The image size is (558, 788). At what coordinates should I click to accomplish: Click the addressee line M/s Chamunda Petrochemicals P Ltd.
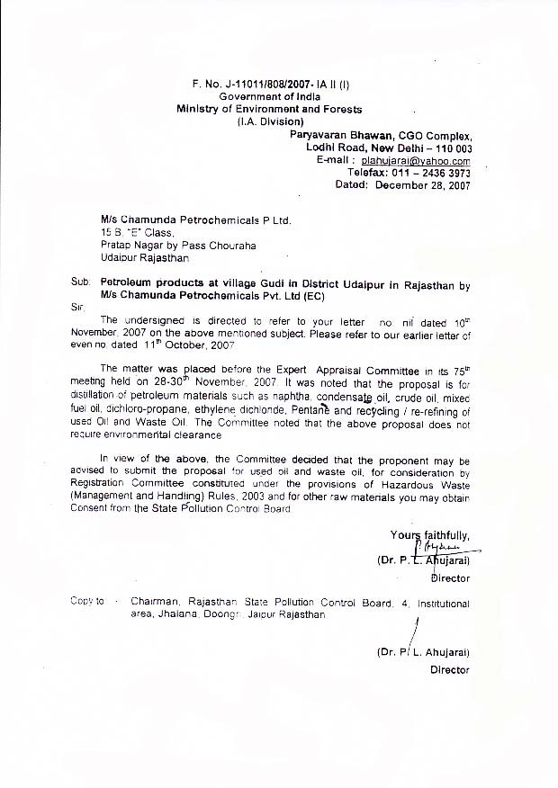click(x=196, y=219)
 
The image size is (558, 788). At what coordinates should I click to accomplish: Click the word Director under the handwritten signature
click(x=450, y=578)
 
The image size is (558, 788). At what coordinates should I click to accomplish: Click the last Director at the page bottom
click(x=450, y=669)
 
